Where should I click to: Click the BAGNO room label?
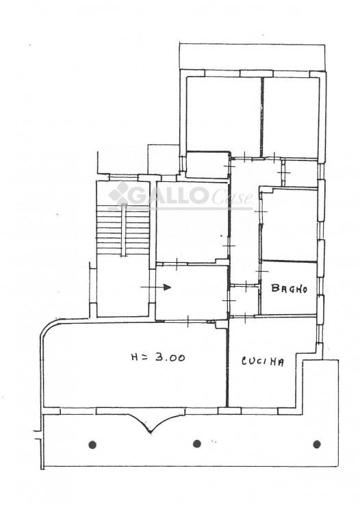coord(289,288)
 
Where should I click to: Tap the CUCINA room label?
coord(263,362)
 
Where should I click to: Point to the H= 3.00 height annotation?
coord(158,357)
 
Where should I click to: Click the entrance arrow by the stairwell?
coord(155,287)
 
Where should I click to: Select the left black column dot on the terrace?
coord(92,445)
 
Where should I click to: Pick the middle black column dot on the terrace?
coord(196,444)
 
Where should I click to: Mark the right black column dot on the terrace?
coord(317,444)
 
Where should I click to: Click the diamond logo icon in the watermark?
coord(118,193)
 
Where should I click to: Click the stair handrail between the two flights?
coord(123,231)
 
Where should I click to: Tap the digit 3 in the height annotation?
coord(159,357)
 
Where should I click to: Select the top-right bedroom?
coord(291,118)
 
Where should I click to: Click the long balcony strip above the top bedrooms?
coord(251,57)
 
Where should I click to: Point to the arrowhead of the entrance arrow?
coord(167,287)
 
